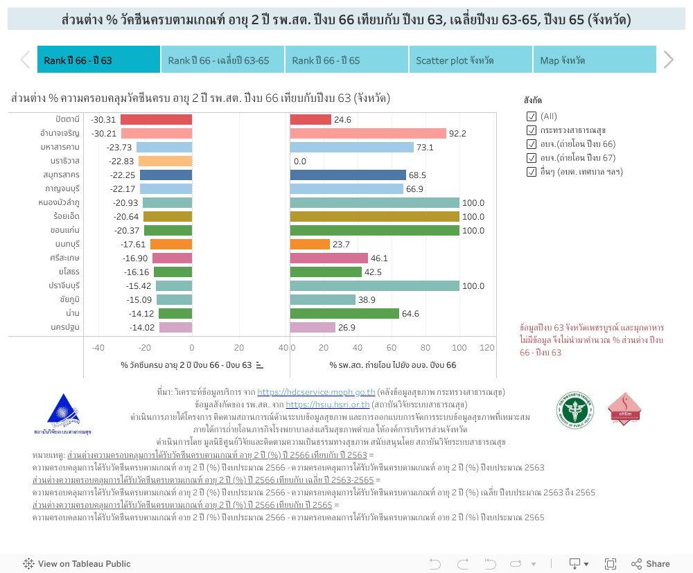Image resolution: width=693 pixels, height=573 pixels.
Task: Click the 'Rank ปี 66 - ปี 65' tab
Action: point(346,60)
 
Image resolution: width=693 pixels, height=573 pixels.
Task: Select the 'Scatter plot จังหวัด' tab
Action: point(470,60)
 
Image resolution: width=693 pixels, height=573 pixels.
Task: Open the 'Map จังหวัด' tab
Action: point(594,60)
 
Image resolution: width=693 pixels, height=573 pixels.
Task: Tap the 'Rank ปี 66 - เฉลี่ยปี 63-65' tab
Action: point(222,60)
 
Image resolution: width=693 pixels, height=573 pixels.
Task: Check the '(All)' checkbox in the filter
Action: point(532,116)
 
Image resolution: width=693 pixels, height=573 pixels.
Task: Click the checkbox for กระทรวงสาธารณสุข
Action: point(532,130)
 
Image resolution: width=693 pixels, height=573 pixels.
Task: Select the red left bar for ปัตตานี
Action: point(156,120)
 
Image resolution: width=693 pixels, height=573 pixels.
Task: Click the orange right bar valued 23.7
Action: point(310,244)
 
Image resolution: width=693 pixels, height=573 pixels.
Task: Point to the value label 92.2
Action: point(457,134)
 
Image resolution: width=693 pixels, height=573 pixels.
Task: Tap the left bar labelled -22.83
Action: point(165,161)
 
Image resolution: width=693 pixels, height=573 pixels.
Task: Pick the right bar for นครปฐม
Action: point(313,327)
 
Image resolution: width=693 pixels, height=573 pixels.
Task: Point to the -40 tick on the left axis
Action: point(98,348)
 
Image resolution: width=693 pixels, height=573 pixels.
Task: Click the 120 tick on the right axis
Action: point(487,348)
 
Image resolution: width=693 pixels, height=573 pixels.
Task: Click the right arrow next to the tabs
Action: point(668,60)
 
